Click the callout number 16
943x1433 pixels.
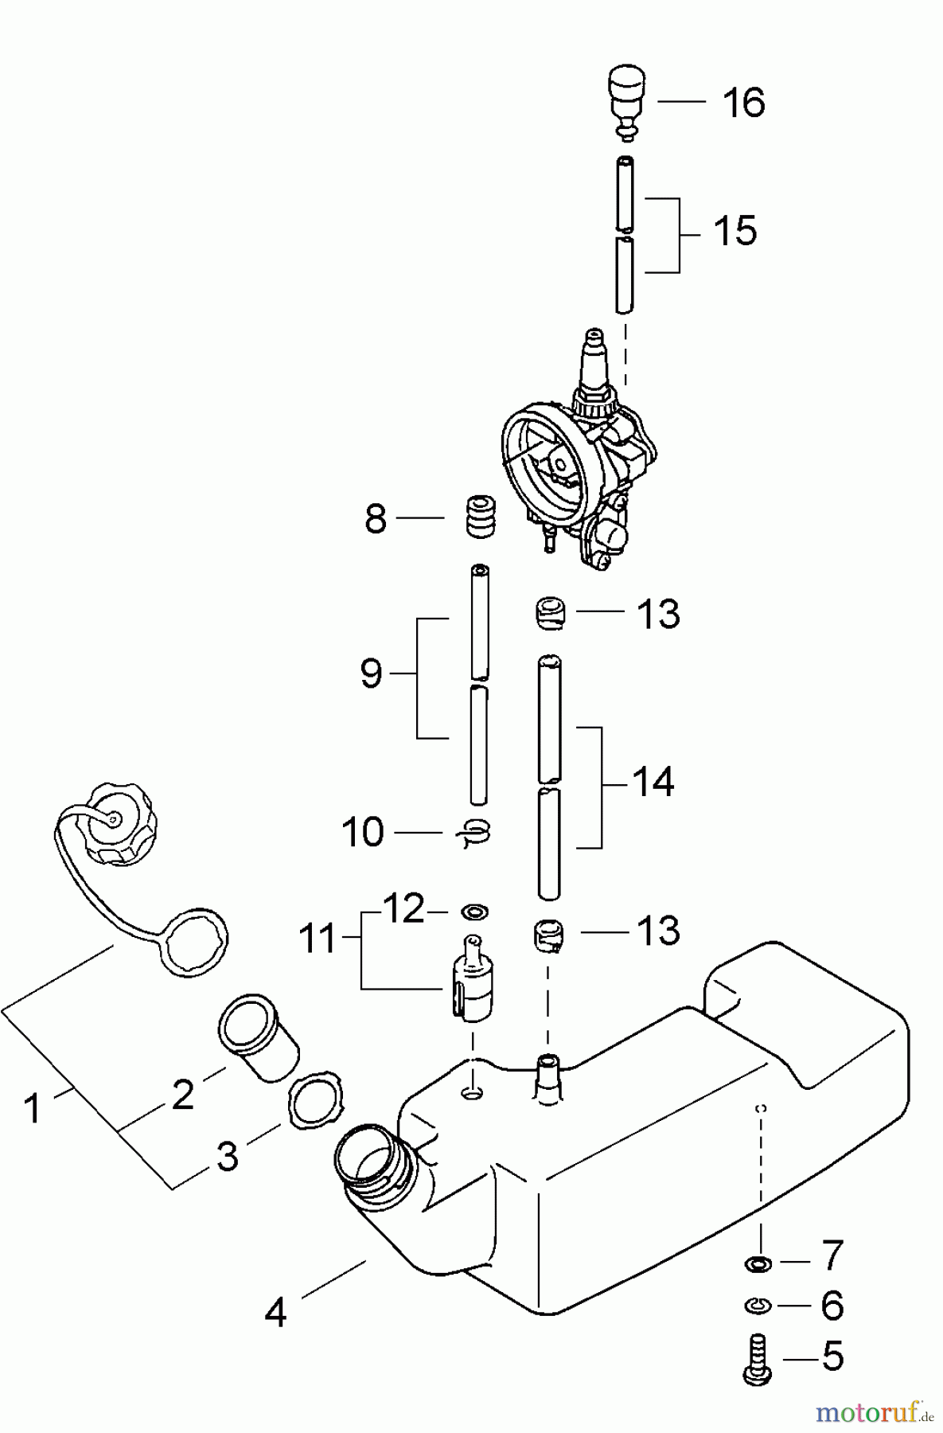pos(743,103)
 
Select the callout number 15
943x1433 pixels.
pos(735,232)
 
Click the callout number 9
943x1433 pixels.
pos(372,674)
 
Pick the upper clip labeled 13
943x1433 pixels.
pos(549,614)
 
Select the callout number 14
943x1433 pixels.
pos(653,783)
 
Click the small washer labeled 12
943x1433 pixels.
pos(476,911)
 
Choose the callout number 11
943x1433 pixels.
pos(318,939)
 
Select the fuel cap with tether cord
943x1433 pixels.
pos(119,824)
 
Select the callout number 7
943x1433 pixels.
pos(830,1255)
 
